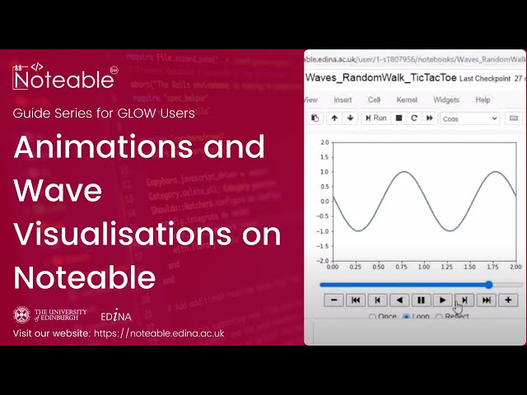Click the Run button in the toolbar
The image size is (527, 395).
tap(376, 118)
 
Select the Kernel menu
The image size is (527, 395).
tap(407, 100)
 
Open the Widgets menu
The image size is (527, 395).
tap(445, 100)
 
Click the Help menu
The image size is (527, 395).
tap(483, 100)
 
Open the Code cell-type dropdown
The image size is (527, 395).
tap(469, 118)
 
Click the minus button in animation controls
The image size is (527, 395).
tap(334, 300)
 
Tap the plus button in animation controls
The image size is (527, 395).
tap(508, 300)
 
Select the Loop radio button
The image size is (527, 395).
tap(406, 317)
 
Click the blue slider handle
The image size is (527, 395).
tap(489, 285)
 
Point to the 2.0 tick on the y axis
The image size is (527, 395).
tap(324, 142)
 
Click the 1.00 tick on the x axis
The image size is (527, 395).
tap(424, 267)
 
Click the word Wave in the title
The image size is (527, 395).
tap(58, 191)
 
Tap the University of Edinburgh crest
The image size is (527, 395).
tap(21, 314)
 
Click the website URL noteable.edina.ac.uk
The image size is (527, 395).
tap(171, 333)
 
